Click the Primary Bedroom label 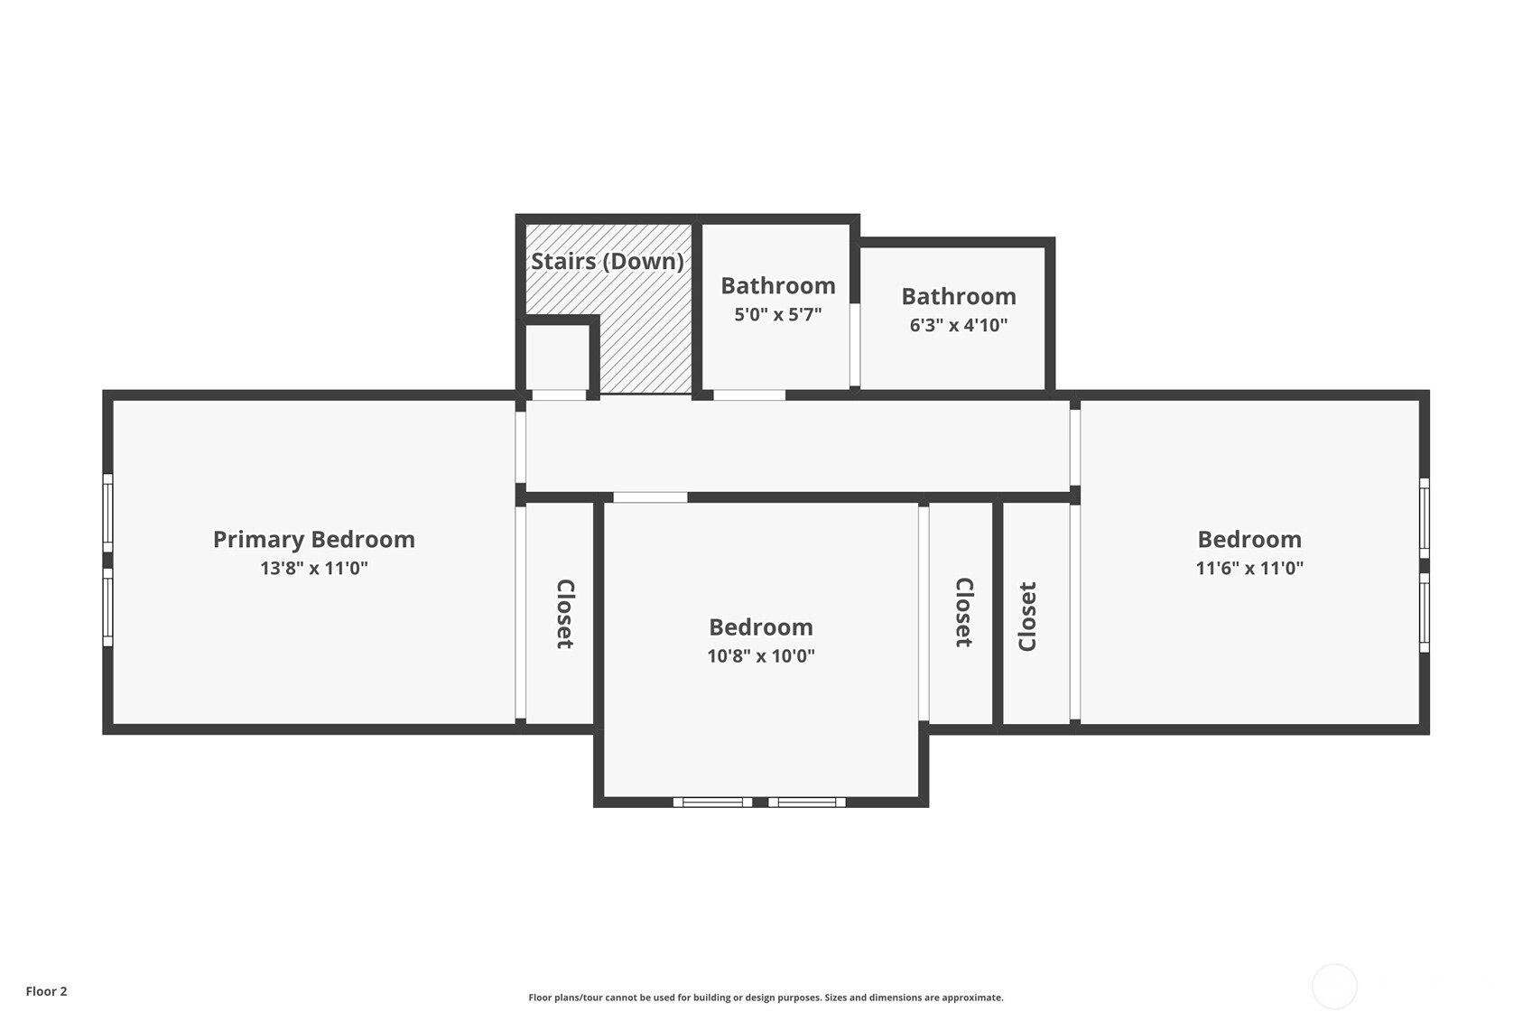[x=314, y=540]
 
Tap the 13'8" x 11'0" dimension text [x=314, y=569]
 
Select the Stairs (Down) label [x=608, y=261]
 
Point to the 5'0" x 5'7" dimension [x=777, y=314]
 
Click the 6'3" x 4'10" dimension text [x=958, y=325]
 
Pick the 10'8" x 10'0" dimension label [x=760, y=655]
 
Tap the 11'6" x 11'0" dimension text [x=1249, y=569]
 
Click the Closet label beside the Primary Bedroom [x=564, y=614]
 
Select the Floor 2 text [x=47, y=991]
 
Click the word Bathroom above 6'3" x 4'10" [x=958, y=296]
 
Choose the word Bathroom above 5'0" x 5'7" [x=777, y=285]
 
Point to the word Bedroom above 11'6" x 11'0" [x=1249, y=539]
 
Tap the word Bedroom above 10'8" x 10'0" [x=760, y=627]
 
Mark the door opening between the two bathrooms [x=854, y=345]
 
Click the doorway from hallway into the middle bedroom [x=650, y=497]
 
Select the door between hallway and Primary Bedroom [x=521, y=447]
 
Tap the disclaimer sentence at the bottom [x=766, y=998]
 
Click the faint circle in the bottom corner [x=1333, y=986]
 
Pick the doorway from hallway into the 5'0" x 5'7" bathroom [x=749, y=394]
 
